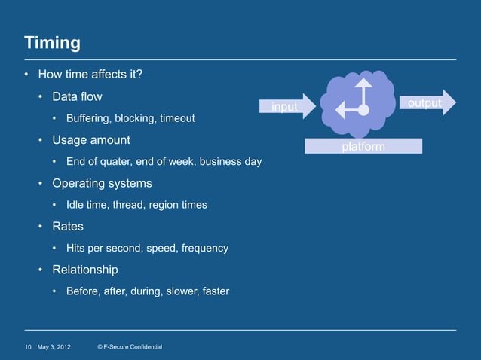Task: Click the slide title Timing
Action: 52,42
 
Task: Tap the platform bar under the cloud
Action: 363,146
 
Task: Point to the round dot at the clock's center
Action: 363,110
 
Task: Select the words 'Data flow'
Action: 77,97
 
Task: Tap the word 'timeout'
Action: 176,119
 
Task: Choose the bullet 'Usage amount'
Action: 90,140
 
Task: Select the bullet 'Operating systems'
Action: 102,183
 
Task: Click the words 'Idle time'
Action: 86,205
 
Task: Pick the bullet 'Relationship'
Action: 84,269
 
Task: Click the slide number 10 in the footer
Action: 28,346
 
